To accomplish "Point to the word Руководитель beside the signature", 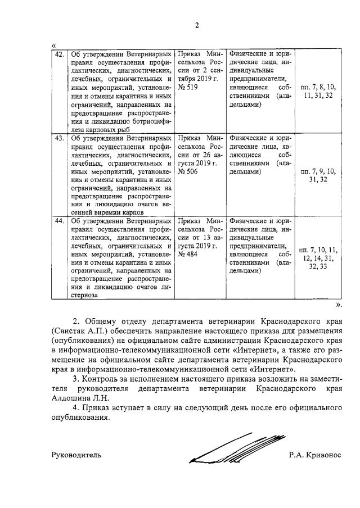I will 76,455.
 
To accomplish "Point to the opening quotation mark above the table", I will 53,46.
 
